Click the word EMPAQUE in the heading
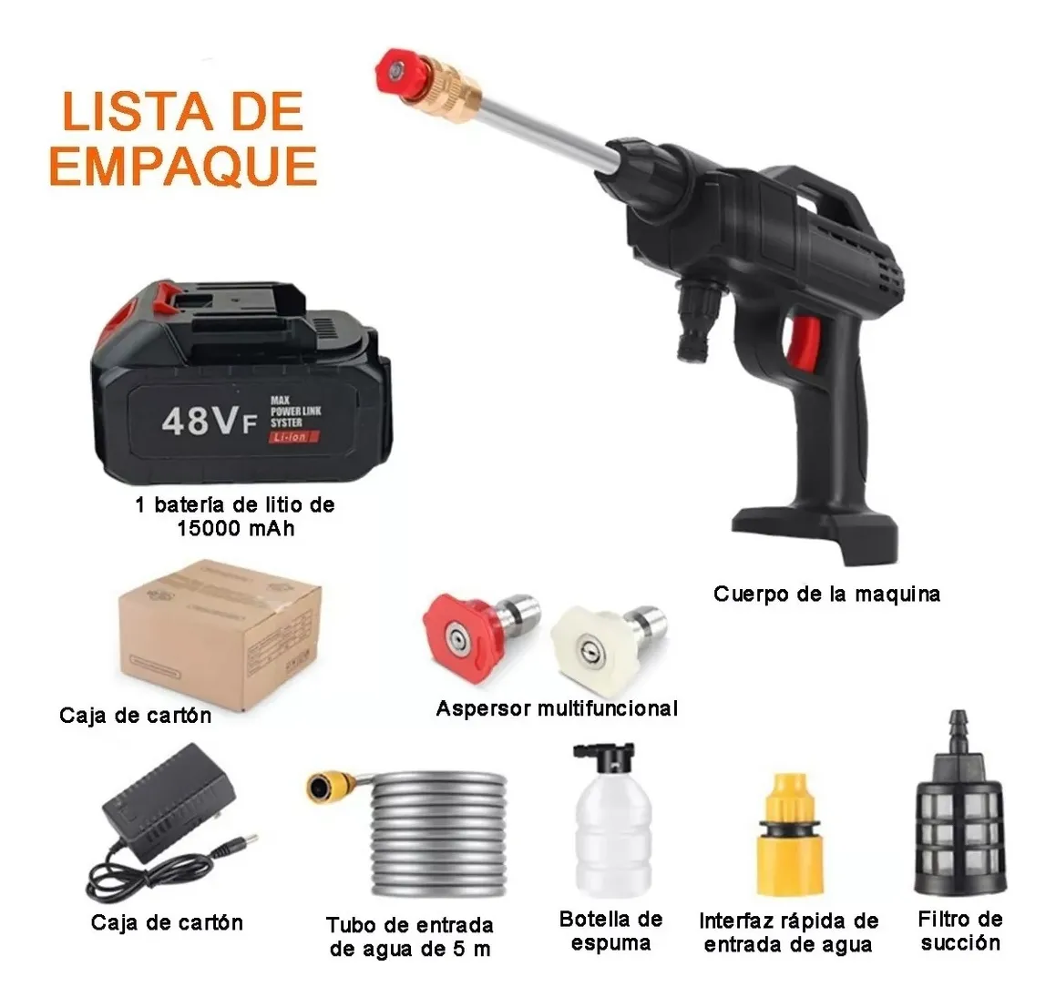(x=183, y=166)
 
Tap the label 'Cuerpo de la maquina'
(x=826, y=595)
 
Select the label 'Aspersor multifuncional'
(x=557, y=708)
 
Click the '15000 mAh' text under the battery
(x=235, y=528)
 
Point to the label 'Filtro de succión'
(x=960, y=931)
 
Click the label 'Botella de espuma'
(x=611, y=931)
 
